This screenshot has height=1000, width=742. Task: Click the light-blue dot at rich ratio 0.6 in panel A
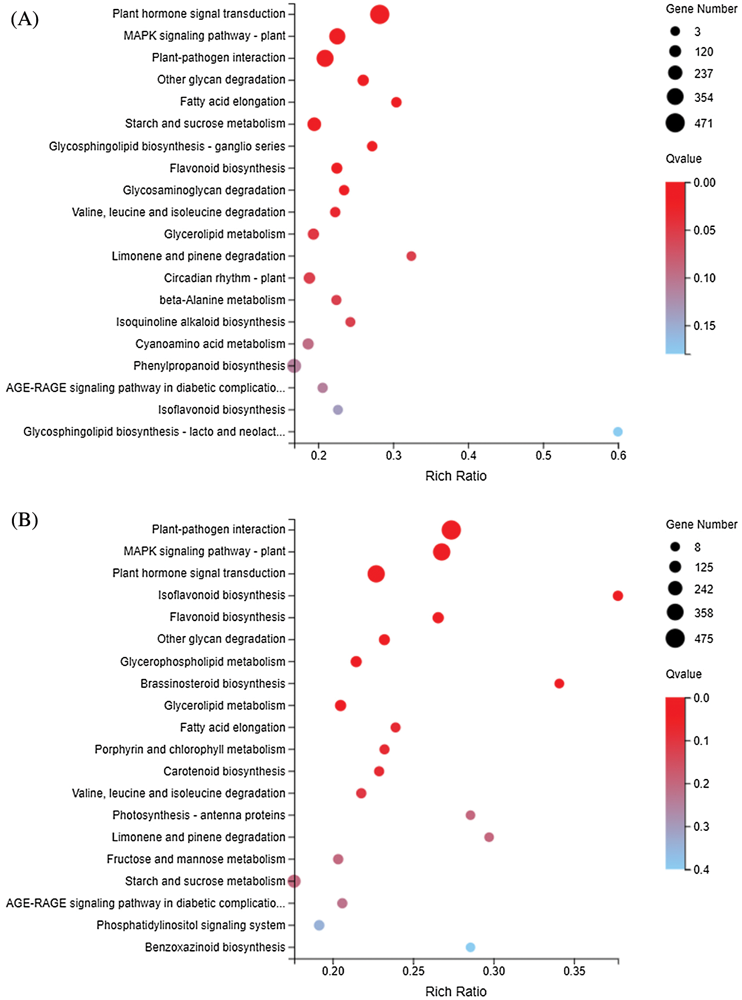coord(617,432)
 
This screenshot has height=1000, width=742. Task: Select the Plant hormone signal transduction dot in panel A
coord(379,14)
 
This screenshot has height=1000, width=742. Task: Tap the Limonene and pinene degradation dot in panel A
coord(411,256)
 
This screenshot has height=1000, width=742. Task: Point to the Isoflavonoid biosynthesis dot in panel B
coord(617,595)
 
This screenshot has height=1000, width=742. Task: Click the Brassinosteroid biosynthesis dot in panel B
coord(559,683)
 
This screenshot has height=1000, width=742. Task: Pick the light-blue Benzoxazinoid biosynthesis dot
coord(470,947)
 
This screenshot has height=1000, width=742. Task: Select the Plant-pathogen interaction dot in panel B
coord(451,530)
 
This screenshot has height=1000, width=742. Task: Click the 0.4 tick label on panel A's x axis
coord(468,455)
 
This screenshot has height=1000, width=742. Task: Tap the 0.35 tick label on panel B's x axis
coord(574,971)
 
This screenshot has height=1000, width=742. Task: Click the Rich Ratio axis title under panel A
coord(456,476)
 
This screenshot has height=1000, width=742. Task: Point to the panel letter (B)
coord(24,520)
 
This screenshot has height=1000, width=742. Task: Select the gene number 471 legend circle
coord(675,123)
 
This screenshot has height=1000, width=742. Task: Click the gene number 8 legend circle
coord(675,546)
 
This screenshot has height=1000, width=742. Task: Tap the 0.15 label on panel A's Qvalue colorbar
coord(704,326)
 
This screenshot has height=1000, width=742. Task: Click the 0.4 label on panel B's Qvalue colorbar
coord(701,869)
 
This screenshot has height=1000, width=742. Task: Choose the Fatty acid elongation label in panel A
coord(232,102)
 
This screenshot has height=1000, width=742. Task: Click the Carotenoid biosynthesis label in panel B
coord(224,772)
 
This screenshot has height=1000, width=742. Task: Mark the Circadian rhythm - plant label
coord(225,278)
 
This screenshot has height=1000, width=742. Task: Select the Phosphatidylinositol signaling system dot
coord(319,925)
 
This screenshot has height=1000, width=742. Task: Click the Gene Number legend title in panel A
coord(701,9)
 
